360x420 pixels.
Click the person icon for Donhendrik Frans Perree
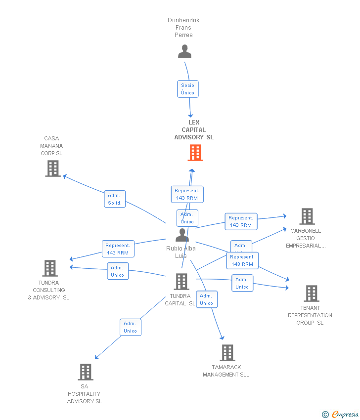coord(184,51)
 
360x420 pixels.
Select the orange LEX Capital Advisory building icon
coord(195,153)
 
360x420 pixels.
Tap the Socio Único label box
coord(188,89)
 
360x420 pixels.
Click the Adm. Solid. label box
coord(115,199)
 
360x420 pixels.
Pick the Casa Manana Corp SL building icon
coord(52,168)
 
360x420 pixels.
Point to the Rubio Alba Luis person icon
coord(182,235)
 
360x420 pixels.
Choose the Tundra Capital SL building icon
coord(181,282)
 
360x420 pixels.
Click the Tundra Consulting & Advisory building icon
coord(50,268)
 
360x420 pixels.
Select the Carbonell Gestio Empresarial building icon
coord(307,216)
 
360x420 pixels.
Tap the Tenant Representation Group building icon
coord(311,294)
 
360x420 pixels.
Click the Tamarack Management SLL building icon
coord(227,353)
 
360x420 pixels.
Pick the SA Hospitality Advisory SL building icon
coord(86,372)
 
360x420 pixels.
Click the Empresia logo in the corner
coord(341,414)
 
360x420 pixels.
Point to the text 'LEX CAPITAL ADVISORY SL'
coord(194,130)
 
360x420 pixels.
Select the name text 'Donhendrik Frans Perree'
coord(183,28)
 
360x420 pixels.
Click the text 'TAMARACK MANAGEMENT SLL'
coord(226,371)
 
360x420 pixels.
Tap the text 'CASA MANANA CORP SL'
coord(51,146)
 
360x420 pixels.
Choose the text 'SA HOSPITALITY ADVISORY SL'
coord(85,394)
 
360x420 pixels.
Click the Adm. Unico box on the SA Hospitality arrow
coord(131,327)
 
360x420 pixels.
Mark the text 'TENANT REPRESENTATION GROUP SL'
coord(310,315)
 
